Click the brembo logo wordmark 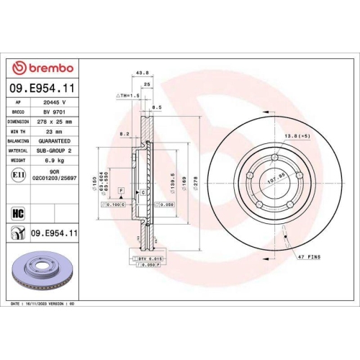point(45,68)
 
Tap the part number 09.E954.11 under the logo point(44,89)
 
